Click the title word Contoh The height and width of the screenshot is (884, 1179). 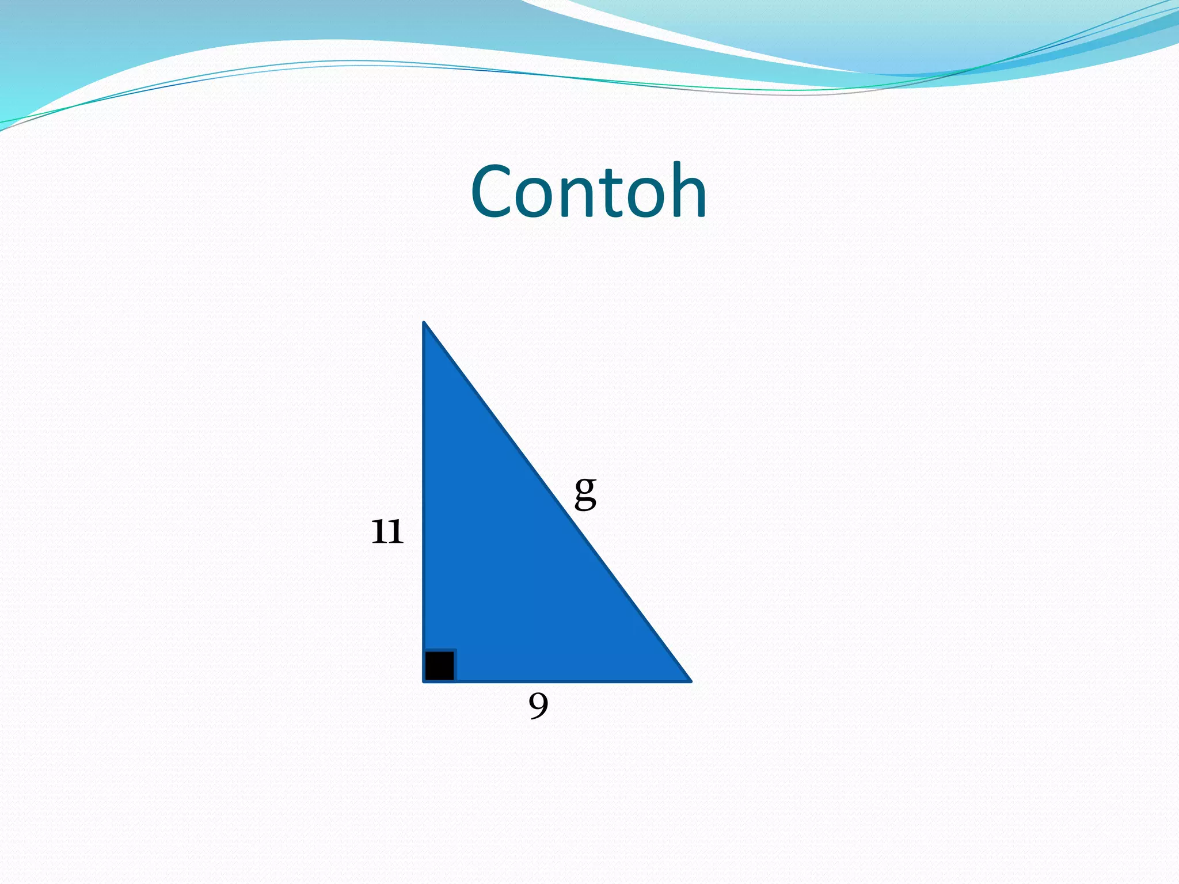(588, 192)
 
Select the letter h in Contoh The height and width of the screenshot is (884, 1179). (684, 192)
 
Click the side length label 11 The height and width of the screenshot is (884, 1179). (387, 531)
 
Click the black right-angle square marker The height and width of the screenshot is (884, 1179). (440, 665)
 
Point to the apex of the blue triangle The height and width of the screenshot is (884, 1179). (424, 323)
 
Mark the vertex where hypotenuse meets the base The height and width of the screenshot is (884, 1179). (690, 681)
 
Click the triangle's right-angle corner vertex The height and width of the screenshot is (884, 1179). (424, 681)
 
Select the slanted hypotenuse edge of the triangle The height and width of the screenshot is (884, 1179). (557, 502)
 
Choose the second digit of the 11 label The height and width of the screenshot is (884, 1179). (395, 531)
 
